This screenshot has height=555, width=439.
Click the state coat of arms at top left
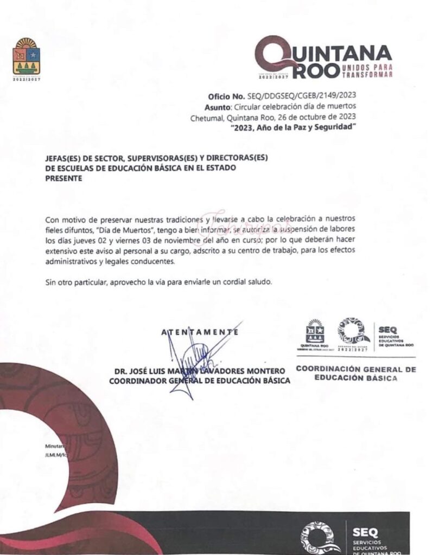click(x=26, y=56)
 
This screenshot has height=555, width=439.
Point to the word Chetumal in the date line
click(x=207, y=117)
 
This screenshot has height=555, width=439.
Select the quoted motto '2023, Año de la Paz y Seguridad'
click(x=293, y=127)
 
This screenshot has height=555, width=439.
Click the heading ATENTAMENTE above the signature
click(x=200, y=332)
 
